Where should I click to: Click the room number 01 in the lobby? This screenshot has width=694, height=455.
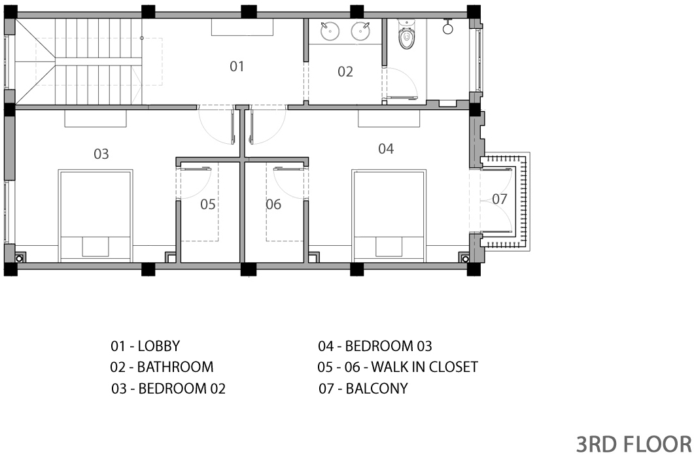coord(237,66)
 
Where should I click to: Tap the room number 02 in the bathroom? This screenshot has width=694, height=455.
coord(345,72)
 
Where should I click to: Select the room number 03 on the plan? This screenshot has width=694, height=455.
coord(101,154)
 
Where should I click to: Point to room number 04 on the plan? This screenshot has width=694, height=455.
coord(386,148)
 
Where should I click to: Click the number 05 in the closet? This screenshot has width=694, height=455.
coord(208,204)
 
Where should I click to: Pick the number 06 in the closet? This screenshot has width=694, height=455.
coord(273,204)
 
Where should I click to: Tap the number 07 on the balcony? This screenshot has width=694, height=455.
coord(500,199)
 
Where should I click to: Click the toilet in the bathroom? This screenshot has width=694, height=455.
coord(407,35)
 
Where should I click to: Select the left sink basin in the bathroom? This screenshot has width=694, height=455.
coord(330,31)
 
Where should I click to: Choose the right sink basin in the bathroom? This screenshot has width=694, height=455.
coord(360,31)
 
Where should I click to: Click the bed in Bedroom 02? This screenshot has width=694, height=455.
coord(95,216)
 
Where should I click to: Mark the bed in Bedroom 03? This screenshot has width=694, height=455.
coord(389,216)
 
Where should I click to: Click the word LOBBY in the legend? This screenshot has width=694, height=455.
coord(159,346)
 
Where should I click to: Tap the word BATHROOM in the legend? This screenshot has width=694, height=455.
coord(175,367)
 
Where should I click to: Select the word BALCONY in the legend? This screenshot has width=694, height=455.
coord(377,388)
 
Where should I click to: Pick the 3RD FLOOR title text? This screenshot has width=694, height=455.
coord(634,444)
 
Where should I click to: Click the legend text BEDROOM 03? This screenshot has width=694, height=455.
coord(388,346)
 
